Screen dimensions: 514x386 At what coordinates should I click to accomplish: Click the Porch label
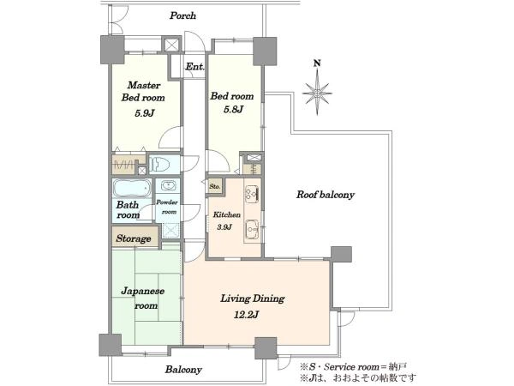click(x=182, y=15)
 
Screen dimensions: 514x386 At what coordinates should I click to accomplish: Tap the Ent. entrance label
click(x=194, y=67)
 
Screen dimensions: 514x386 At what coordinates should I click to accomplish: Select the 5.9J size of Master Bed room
click(x=144, y=113)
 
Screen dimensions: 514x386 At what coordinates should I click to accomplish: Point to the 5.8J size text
click(x=233, y=109)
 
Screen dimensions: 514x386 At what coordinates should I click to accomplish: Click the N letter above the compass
click(x=317, y=63)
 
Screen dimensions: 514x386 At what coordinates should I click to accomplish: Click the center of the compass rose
click(x=317, y=93)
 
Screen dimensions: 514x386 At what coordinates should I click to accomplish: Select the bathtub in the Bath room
click(x=132, y=188)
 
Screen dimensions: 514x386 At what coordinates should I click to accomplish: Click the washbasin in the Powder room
click(x=168, y=186)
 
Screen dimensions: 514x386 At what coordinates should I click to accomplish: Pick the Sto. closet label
click(x=215, y=186)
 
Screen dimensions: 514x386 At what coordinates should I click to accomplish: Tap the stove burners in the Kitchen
click(x=252, y=194)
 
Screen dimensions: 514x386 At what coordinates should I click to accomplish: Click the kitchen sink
click(x=252, y=228)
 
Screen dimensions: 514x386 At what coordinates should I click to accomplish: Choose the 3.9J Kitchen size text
click(x=224, y=226)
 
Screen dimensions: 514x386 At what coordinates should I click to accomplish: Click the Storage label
click(x=134, y=238)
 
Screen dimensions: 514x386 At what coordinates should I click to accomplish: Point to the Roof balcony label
click(x=326, y=195)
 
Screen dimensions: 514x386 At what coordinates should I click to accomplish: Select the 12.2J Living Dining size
click(x=247, y=315)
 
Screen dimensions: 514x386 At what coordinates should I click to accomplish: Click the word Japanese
click(x=143, y=291)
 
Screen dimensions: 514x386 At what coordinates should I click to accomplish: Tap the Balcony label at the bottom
click(x=183, y=370)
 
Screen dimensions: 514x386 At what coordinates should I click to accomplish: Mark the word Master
click(x=144, y=85)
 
